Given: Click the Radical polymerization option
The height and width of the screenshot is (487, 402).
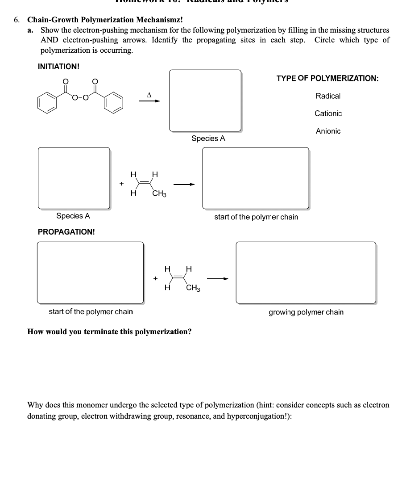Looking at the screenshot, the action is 328,96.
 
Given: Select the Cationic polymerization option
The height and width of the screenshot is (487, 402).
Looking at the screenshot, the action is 328,113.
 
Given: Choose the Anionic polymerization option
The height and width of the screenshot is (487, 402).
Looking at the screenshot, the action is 328,131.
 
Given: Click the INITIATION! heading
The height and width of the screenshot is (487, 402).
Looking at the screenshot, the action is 59,67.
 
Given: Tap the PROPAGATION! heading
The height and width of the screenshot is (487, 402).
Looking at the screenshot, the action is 66,232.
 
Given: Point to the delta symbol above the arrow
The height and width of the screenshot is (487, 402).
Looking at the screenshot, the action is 149,94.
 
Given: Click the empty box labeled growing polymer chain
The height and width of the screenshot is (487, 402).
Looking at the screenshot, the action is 306,273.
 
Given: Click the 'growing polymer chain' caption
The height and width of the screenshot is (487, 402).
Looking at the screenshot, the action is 306,312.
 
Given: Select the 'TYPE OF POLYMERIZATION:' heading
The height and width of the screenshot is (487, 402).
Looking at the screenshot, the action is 327,79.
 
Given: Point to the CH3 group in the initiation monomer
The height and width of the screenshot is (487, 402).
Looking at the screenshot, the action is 159,193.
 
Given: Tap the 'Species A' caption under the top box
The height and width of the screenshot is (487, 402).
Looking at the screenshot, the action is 208,139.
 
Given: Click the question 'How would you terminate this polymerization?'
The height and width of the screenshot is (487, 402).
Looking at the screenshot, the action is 110,332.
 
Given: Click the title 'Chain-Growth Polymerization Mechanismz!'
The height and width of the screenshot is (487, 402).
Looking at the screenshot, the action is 105,20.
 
